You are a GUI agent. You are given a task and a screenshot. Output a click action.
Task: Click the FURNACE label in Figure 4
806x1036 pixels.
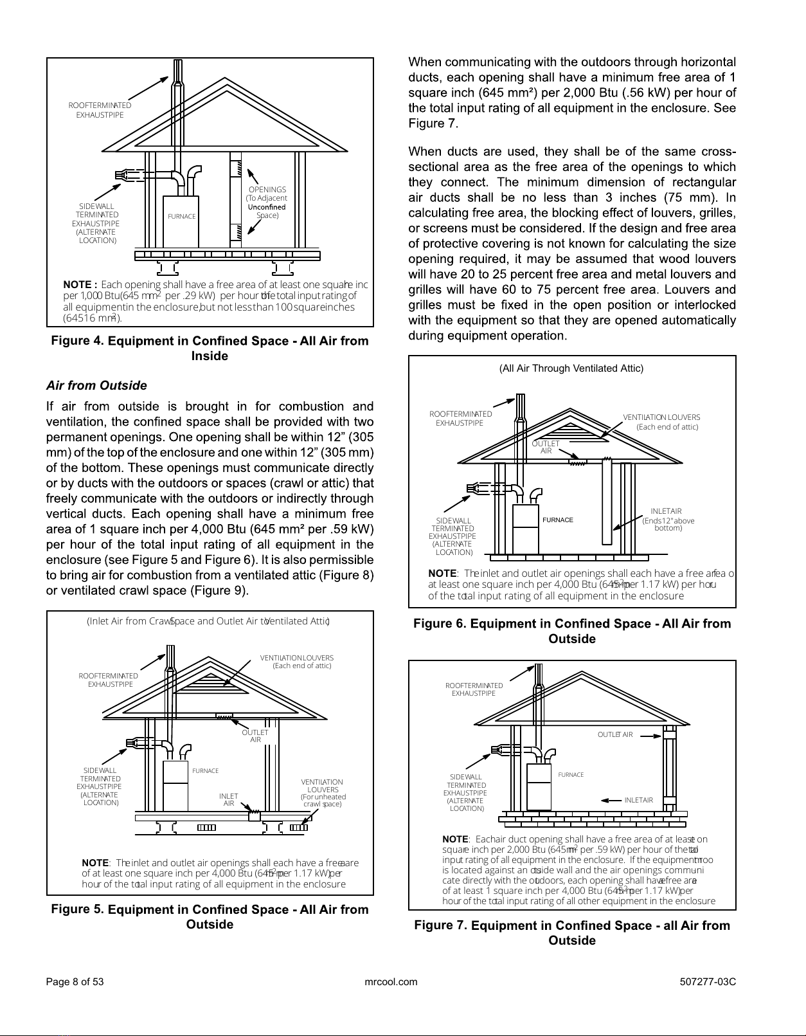(181, 217)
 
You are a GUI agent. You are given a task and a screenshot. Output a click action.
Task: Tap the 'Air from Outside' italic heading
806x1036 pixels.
(96, 386)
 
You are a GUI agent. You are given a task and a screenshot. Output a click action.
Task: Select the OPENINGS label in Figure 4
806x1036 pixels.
(267, 190)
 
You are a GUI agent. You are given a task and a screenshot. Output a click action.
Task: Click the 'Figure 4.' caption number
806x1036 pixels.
(77, 341)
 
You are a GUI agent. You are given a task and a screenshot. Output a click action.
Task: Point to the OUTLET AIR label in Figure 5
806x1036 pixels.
(255, 736)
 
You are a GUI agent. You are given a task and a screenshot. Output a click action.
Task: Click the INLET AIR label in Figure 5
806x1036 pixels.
(228, 800)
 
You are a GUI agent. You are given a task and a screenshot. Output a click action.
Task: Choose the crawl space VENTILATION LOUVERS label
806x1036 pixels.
(322, 793)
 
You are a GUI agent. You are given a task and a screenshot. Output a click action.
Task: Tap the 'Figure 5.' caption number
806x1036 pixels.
(77, 909)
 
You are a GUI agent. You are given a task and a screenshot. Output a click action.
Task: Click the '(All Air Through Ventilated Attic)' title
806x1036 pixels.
(571, 368)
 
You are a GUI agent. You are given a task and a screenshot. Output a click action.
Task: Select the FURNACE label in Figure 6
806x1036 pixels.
(557, 520)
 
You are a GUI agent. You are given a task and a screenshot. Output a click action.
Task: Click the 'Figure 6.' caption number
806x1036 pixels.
(440, 624)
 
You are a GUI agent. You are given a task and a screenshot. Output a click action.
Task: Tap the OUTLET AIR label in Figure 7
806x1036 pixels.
(615, 735)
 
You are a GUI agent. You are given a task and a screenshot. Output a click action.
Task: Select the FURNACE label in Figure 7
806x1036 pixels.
(571, 775)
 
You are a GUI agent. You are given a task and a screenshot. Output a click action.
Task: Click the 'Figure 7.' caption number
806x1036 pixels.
(440, 925)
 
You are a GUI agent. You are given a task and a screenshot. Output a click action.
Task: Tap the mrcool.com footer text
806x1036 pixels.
(391, 982)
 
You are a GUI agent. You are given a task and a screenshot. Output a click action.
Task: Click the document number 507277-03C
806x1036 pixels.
(707, 982)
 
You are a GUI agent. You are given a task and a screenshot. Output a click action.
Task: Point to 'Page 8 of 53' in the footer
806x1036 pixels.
(75, 982)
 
